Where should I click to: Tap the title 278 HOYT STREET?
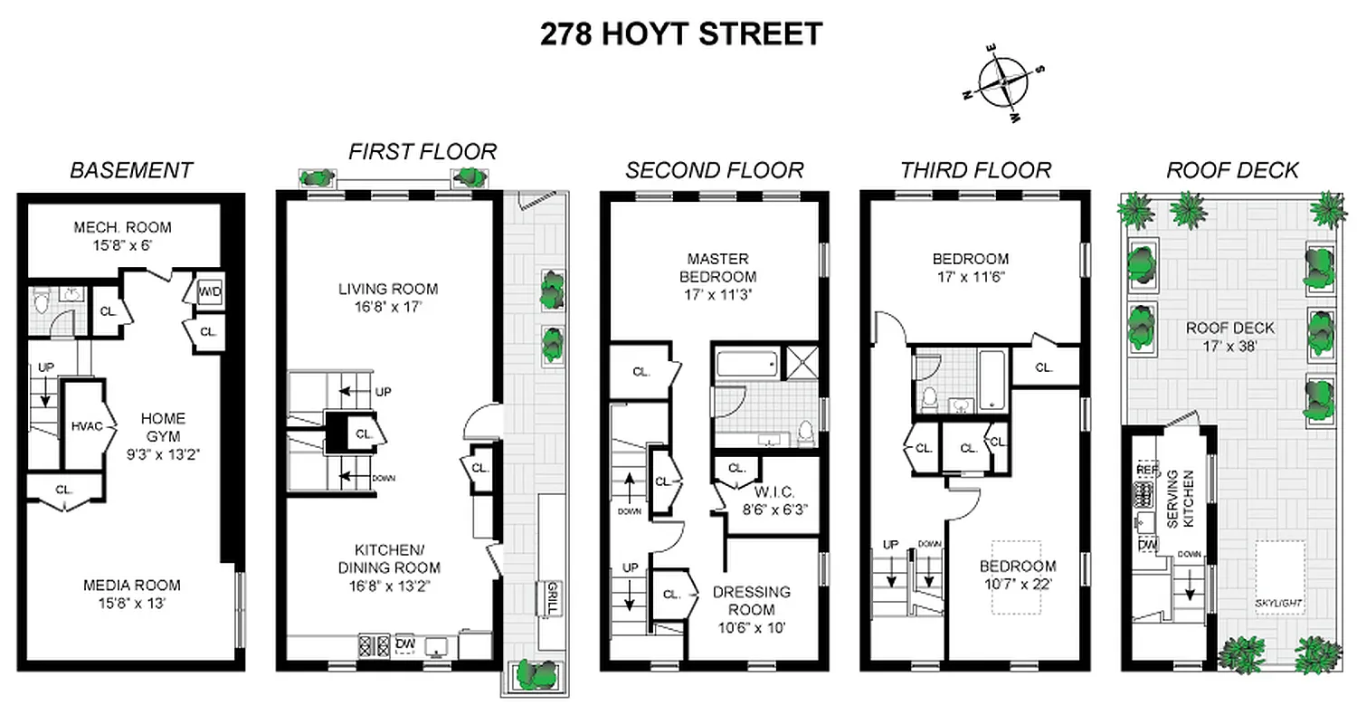[x=680, y=34]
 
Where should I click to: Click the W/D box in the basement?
[x=208, y=291]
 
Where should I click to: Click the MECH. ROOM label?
[x=122, y=227]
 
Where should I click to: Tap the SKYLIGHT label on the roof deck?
[x=1278, y=602]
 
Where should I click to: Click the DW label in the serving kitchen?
[x=1148, y=545]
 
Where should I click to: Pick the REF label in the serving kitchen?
[x=1147, y=471]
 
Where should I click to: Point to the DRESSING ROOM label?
[x=751, y=600]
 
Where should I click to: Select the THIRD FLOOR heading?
[x=974, y=170]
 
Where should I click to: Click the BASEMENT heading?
[x=131, y=170]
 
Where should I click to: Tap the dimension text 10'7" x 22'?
[x=1018, y=584]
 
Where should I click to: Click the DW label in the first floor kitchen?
[x=405, y=643]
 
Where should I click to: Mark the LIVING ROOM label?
[x=388, y=290]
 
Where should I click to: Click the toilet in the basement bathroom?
[x=41, y=300]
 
